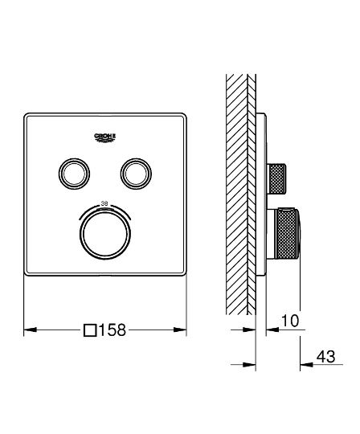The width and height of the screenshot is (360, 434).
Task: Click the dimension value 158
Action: [x=113, y=330]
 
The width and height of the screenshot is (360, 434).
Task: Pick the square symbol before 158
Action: [x=90, y=330]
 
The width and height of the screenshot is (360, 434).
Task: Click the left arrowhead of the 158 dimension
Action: [x=28, y=330]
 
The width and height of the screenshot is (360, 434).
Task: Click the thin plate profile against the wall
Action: [x=262, y=193]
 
